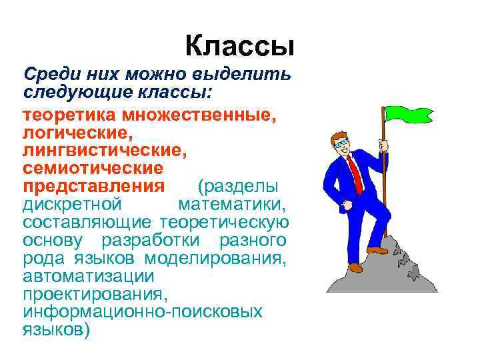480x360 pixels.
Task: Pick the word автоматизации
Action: [x=87, y=275]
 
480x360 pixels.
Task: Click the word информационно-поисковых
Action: [x=142, y=311]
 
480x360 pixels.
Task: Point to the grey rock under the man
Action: [x=387, y=273]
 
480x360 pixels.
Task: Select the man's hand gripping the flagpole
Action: [x=383, y=145]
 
